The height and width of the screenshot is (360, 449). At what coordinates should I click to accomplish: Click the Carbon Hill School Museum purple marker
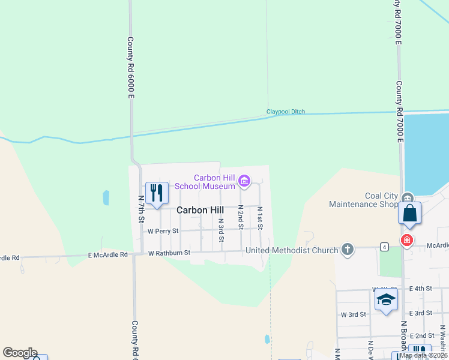click(x=244, y=181)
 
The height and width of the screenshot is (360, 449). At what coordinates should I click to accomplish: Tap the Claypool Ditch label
click(x=286, y=112)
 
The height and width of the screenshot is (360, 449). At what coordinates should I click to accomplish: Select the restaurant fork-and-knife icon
click(x=157, y=193)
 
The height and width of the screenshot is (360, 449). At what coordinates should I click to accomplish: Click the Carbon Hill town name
click(x=200, y=210)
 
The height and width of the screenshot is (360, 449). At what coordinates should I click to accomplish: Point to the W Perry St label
click(x=163, y=231)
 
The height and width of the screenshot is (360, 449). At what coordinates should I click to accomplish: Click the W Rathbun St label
click(x=169, y=253)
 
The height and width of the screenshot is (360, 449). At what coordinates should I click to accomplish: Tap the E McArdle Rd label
click(x=108, y=254)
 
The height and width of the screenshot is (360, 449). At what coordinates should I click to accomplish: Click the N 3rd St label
click(x=221, y=230)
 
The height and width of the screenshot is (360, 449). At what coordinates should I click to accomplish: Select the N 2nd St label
click(x=241, y=217)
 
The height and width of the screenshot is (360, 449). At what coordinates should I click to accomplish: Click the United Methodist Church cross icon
click(x=347, y=249)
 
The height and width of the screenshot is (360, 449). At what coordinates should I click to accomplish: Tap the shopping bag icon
click(x=409, y=214)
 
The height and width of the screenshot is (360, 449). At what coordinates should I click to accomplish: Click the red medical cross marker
click(x=408, y=240)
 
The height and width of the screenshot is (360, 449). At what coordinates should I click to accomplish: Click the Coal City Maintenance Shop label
click(x=363, y=200)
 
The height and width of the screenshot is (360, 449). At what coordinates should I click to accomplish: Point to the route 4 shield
click(x=384, y=246)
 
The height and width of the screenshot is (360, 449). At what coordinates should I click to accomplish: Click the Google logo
click(x=20, y=353)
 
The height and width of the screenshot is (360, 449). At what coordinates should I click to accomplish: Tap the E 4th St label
click(x=421, y=289)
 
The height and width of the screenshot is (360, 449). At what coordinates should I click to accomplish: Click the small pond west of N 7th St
click(x=106, y=197)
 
